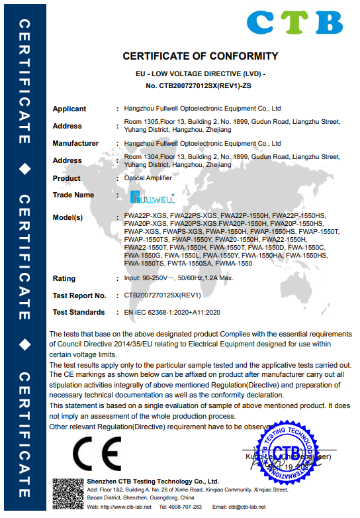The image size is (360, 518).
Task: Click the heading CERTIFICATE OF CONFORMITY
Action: click(201, 56)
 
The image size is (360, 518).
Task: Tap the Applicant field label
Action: click(69, 109)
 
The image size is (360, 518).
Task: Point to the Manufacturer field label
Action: click(75, 143)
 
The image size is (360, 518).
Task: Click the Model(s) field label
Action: click(67, 217)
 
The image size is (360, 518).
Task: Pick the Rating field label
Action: click(64, 278)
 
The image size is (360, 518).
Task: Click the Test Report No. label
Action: click(79, 295)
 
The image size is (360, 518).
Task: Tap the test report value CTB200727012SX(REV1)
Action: click(162, 295)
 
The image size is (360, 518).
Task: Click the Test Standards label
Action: click(79, 312)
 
